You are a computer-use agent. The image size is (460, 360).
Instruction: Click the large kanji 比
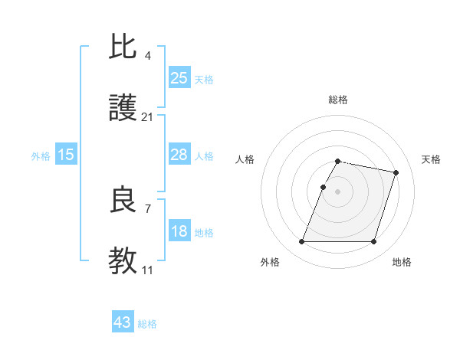coord(123,47)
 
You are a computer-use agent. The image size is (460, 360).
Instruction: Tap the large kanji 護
coord(123,108)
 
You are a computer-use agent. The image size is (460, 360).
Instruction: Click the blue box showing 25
coord(179,78)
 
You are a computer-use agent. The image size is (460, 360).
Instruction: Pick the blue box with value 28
coord(179,155)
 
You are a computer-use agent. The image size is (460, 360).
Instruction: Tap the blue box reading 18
coord(179,231)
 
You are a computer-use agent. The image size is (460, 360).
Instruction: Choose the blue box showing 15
coord(66,155)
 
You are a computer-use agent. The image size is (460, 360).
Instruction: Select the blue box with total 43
coord(123,322)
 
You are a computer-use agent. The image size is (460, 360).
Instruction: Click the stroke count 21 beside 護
coord(147,117)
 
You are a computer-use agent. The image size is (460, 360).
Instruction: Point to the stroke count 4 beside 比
coord(147,55)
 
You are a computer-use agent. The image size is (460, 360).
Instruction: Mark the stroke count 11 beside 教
coord(147,270)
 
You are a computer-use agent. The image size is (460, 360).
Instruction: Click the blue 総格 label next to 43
coord(147,324)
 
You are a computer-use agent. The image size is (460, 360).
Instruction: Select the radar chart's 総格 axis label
coord(337,100)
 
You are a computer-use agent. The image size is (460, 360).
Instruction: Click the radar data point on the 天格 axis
coord(396,173)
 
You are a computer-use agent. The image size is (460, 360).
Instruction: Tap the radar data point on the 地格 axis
coord(373,242)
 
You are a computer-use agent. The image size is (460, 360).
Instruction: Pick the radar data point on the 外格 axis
coord(301,242)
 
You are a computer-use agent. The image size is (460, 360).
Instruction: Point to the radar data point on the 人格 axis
coord(323,187)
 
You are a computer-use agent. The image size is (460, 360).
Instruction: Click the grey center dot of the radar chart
coord(337,191)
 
